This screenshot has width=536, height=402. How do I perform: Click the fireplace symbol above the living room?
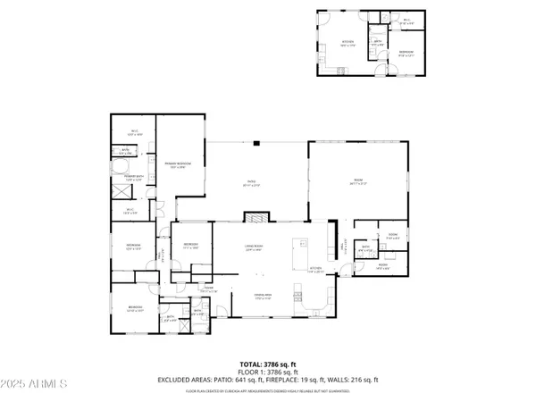256,217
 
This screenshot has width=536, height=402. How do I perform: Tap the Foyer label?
208,289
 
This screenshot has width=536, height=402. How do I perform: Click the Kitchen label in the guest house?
349,44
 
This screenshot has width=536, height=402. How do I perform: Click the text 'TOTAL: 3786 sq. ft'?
267,364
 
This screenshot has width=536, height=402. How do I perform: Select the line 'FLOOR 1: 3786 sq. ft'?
267,373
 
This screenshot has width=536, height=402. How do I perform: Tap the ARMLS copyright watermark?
36,385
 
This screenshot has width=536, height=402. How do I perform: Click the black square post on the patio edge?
256,141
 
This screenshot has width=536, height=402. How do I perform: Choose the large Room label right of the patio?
357,182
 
